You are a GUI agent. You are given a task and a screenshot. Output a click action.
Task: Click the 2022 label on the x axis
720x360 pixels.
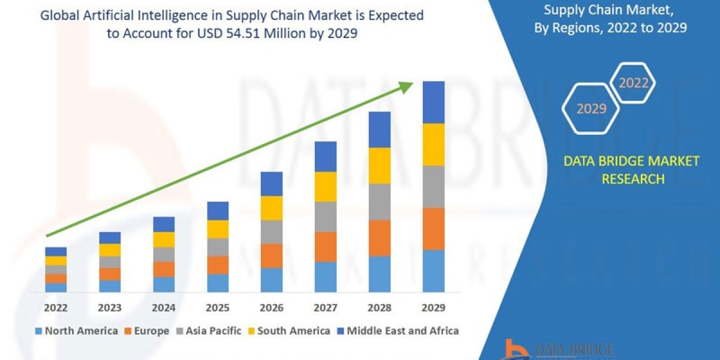[56, 308]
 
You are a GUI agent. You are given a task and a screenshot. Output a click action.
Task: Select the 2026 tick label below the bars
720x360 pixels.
[271, 308]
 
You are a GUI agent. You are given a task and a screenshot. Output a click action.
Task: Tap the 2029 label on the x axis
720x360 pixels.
[433, 308]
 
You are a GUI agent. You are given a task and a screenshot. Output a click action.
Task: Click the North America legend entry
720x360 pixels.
[76, 331]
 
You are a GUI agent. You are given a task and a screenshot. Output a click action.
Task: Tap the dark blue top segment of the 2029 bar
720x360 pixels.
[433, 102]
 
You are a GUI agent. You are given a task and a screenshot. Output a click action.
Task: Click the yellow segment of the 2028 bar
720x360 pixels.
[379, 166]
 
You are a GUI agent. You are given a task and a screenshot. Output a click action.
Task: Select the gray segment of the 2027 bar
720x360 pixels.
[325, 217]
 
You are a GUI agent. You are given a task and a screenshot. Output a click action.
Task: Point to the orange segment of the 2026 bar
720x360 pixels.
[271, 256]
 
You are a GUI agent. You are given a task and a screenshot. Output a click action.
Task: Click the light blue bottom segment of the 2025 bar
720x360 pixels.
[218, 283]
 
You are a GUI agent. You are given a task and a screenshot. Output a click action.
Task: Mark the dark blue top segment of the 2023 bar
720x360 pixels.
[110, 238]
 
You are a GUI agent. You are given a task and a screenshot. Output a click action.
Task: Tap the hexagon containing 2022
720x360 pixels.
[633, 83]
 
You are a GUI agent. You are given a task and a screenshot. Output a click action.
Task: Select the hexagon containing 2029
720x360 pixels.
[591, 109]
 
